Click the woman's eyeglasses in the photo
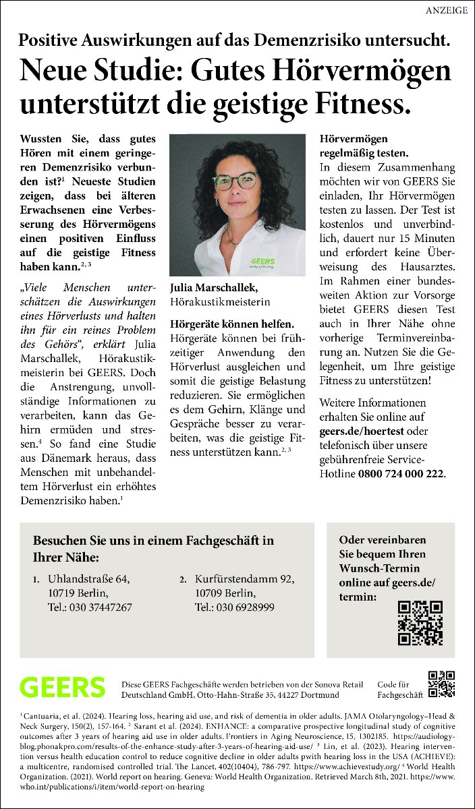[235, 181]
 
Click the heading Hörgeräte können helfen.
[232, 324]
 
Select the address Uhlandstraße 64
[88, 579]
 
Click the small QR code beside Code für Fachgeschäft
[442, 684]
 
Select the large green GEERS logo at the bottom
[62, 687]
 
